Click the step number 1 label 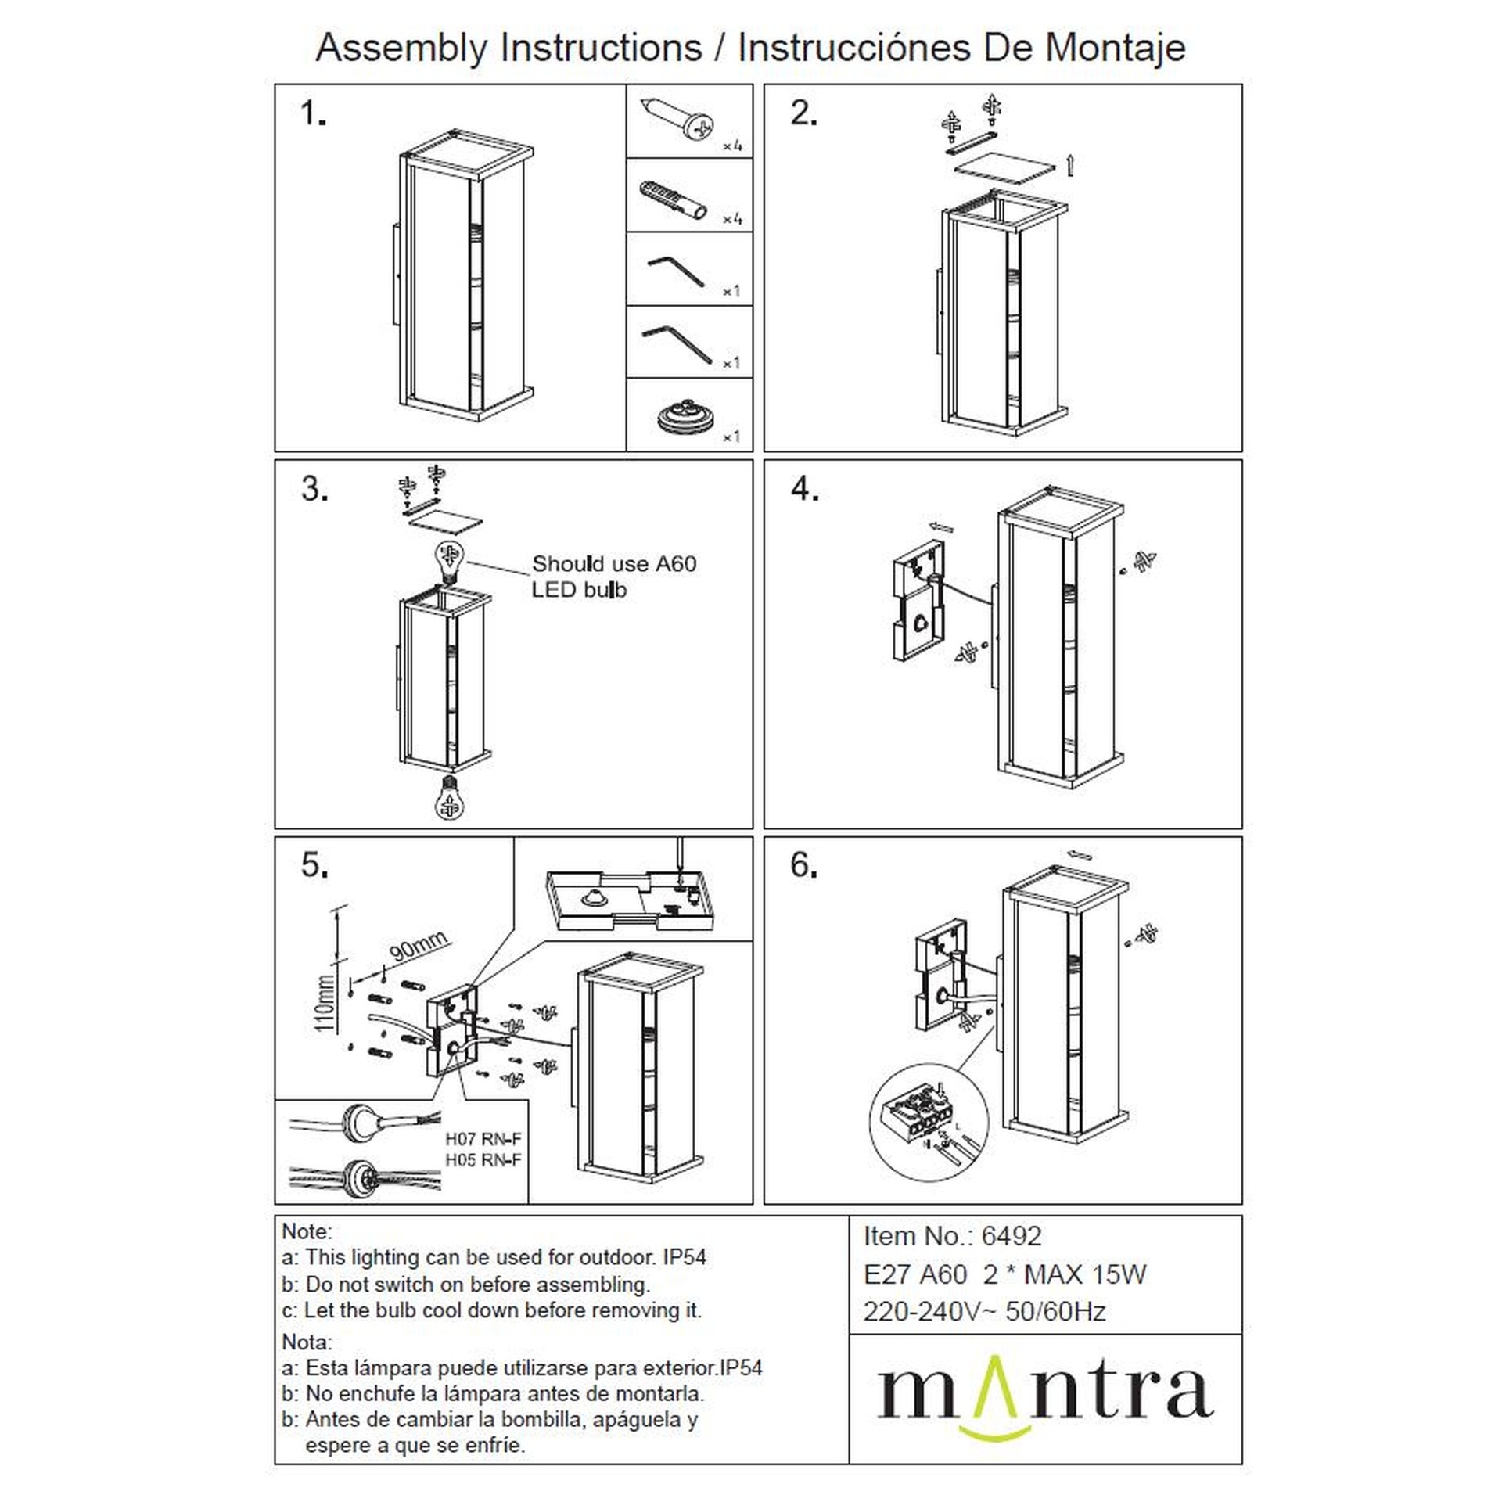[x=313, y=115]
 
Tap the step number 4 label [x=804, y=490]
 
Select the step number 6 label [x=804, y=865]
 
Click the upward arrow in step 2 [x=1070, y=165]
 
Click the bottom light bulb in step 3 [x=450, y=797]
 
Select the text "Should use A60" [x=614, y=563]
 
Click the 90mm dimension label [x=419, y=946]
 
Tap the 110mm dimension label [x=325, y=1003]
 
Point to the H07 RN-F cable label [x=483, y=1139]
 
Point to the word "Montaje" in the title [x=1116, y=49]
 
